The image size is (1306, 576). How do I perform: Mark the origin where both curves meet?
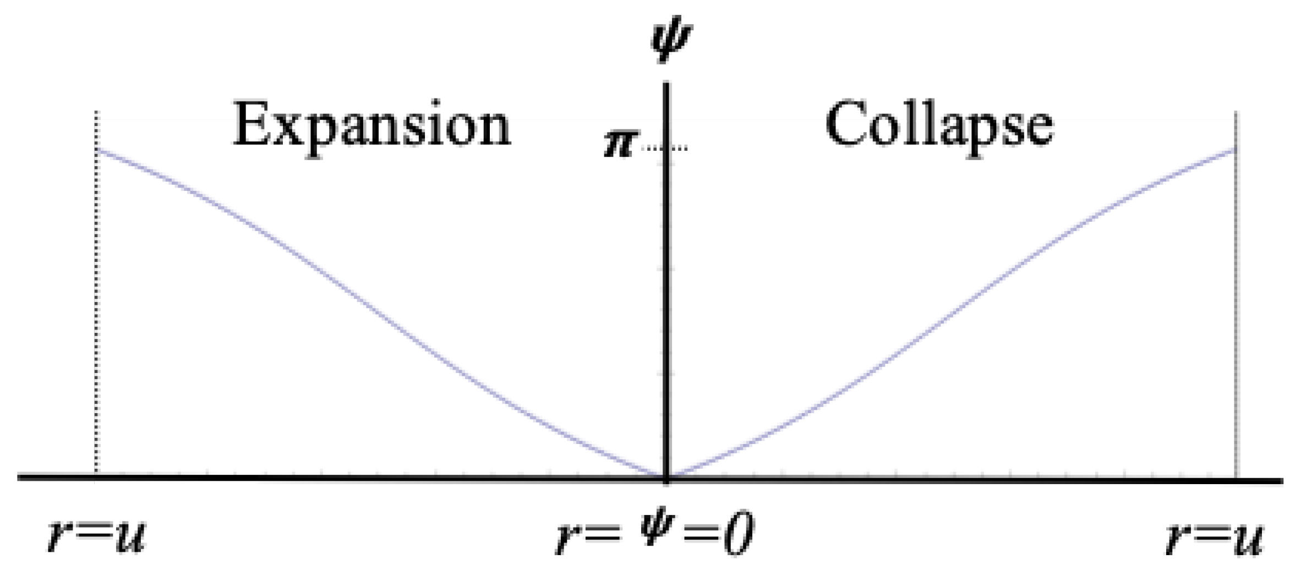(x=666, y=475)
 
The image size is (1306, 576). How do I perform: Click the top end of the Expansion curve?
(x=97, y=149)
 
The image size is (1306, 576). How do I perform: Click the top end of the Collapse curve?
(x=1236, y=149)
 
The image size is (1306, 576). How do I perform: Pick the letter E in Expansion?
(x=250, y=126)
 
